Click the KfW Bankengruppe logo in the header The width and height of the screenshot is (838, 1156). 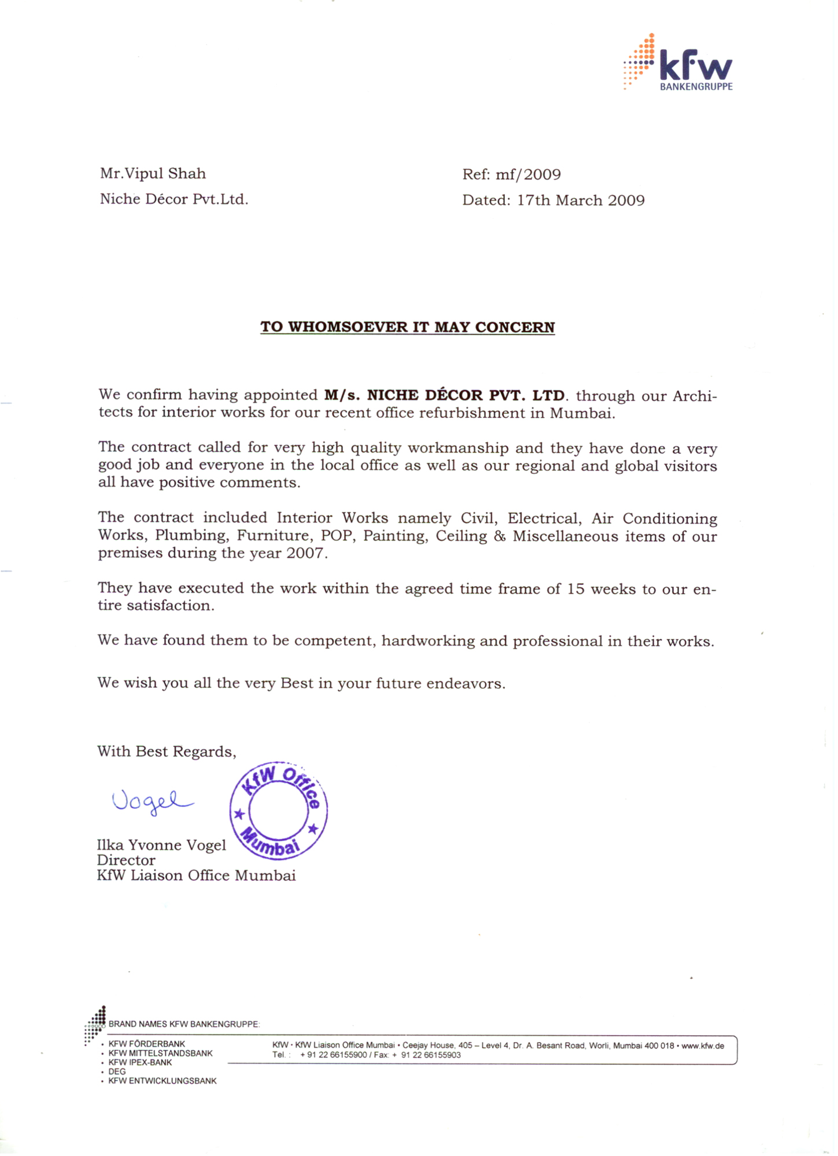click(x=678, y=64)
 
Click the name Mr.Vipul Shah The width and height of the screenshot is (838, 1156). click(x=153, y=173)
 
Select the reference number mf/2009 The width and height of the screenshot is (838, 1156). click(x=528, y=175)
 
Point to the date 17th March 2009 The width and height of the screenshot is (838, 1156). click(x=581, y=201)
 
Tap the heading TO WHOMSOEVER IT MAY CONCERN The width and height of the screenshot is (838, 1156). click(x=407, y=327)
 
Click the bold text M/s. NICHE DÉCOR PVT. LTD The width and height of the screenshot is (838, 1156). click(x=444, y=395)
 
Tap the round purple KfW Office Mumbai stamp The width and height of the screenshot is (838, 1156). click(x=278, y=810)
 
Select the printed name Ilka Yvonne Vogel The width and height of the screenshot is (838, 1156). click(x=161, y=845)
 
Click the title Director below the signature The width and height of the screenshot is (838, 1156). click(x=126, y=860)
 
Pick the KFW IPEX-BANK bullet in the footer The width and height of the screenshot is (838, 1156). click(x=140, y=1062)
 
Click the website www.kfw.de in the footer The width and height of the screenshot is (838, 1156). click(x=703, y=1046)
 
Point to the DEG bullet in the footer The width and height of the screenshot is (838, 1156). click(x=117, y=1072)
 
